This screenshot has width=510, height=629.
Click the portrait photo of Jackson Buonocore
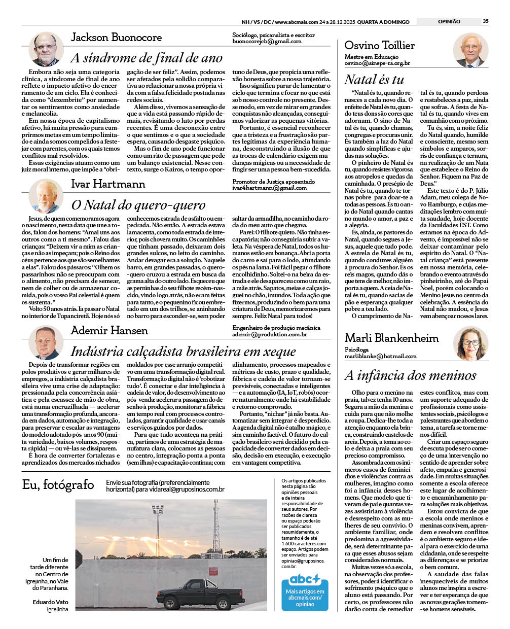click(46, 49)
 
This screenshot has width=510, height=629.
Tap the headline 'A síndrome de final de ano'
click(147, 58)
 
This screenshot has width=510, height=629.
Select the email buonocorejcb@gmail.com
click(267, 42)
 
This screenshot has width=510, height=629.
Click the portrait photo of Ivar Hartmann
click(46, 195)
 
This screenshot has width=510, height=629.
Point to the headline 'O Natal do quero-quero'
click(138, 205)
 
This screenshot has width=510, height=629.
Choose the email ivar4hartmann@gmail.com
click(269, 188)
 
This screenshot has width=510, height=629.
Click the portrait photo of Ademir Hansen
click(46, 342)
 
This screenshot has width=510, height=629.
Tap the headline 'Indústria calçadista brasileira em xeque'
click(183, 352)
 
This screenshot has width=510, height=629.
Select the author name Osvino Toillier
click(379, 46)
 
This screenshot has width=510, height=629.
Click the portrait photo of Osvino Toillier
click(470, 50)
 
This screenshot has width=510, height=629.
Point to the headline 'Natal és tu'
click(374, 80)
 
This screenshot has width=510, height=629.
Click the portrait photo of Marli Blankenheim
click(470, 343)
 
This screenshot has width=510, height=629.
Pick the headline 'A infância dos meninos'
click(410, 375)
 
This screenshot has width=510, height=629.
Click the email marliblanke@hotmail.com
click(380, 357)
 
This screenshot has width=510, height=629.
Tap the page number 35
click(485, 21)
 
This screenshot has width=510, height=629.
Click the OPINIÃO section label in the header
click(449, 21)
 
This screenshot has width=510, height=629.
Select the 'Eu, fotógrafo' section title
click(58, 485)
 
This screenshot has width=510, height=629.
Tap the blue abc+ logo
click(305, 579)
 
